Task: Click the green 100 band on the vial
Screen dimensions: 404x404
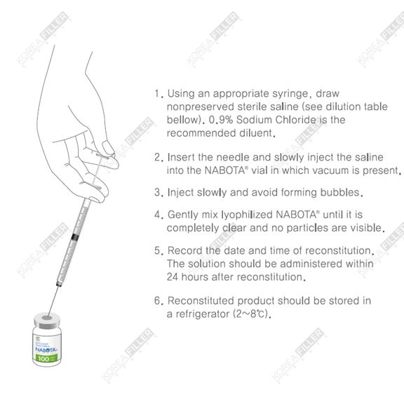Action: tap(46, 358)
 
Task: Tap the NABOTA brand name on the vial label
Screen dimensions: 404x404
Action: tap(46, 349)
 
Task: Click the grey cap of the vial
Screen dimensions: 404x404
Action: tap(46, 321)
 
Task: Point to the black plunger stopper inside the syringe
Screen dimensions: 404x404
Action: tap(74, 237)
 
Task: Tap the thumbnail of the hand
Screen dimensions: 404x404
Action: tap(108, 147)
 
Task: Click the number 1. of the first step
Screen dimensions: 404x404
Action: tap(159, 93)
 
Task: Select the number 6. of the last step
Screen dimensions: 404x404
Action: tap(159, 301)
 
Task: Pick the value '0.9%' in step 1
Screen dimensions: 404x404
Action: tap(221, 120)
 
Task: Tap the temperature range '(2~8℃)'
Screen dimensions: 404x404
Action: tap(250, 314)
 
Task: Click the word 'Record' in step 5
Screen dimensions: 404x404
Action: tap(185, 250)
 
